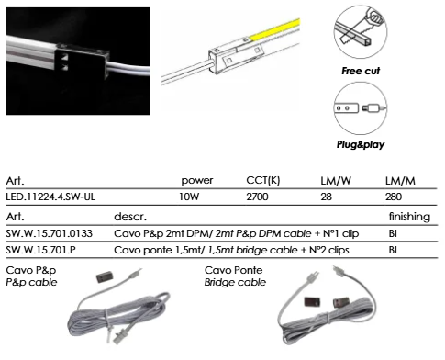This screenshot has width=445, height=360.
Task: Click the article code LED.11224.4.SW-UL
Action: coord(50,197)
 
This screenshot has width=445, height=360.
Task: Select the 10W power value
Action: coord(189,197)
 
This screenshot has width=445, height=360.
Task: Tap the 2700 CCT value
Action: coord(257,197)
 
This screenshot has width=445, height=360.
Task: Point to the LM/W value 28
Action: coord(326,197)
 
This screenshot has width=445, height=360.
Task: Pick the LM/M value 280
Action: coord(394,197)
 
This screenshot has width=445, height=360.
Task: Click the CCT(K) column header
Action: coord(263,181)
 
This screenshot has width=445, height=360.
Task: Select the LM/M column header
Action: coord(400,181)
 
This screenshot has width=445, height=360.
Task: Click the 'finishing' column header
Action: coord(409,217)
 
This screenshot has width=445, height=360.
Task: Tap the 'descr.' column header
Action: coord(130,217)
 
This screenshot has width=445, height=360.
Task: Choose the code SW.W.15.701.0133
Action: coord(49,234)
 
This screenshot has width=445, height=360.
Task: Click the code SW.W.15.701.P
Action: coord(40,251)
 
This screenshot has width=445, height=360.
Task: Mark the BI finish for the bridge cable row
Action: coord(393,251)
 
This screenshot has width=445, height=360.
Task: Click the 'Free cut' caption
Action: coord(361,71)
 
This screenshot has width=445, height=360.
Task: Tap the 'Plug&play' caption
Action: coord(361,144)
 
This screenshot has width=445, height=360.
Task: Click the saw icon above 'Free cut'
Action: coord(361,31)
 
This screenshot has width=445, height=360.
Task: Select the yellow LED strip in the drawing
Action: coord(275,29)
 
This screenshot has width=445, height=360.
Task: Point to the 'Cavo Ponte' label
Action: coord(234,270)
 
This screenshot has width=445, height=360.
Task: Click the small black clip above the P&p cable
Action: coord(105,276)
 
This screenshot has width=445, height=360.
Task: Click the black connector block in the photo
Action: coord(82,62)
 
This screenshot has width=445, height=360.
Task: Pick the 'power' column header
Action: coord(197,181)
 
